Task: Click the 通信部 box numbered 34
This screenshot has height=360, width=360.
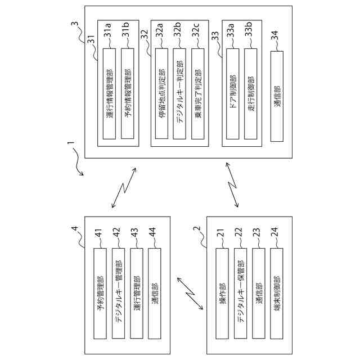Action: click(277, 96)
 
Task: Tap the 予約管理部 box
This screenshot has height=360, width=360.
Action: click(100, 293)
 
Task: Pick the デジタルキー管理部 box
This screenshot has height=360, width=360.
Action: click(118, 293)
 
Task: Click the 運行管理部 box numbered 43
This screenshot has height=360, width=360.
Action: click(137, 293)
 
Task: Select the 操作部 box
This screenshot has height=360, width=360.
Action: click(222, 293)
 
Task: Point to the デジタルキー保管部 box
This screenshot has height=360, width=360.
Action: click(240, 293)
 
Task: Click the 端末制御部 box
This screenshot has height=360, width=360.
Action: click(276, 293)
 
